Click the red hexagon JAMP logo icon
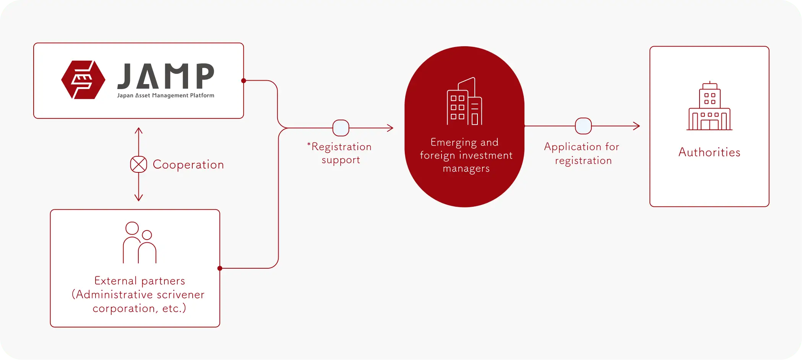coord(83,80)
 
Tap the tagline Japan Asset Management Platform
coord(166,96)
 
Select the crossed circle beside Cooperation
coord(138,164)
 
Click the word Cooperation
coord(188,165)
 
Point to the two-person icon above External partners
coord(140,243)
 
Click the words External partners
coord(140,281)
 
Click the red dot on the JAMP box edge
coord(244,81)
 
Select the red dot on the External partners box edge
coord(220,268)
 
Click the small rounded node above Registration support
coord(341,128)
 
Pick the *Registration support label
coord(340,153)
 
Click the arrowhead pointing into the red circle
coord(390,128)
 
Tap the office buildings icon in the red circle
coord(464,101)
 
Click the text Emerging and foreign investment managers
coord(466,155)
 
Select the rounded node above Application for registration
coord(583,126)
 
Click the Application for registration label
coord(582,153)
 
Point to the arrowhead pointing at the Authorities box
coord(637,126)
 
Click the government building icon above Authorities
coord(709,107)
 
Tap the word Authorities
coord(709,152)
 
